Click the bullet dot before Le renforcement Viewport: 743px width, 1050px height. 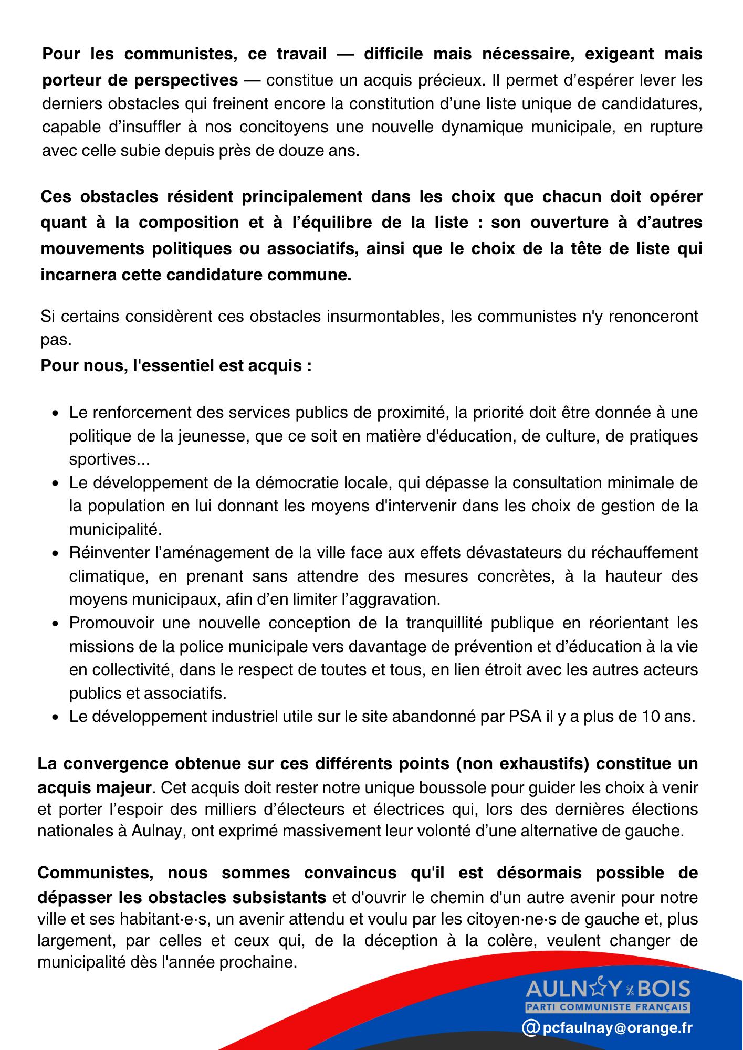point(55,414)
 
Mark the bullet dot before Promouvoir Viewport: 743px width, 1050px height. point(55,624)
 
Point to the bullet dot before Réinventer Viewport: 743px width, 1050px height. point(55,554)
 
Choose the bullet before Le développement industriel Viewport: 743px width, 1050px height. point(55,717)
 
